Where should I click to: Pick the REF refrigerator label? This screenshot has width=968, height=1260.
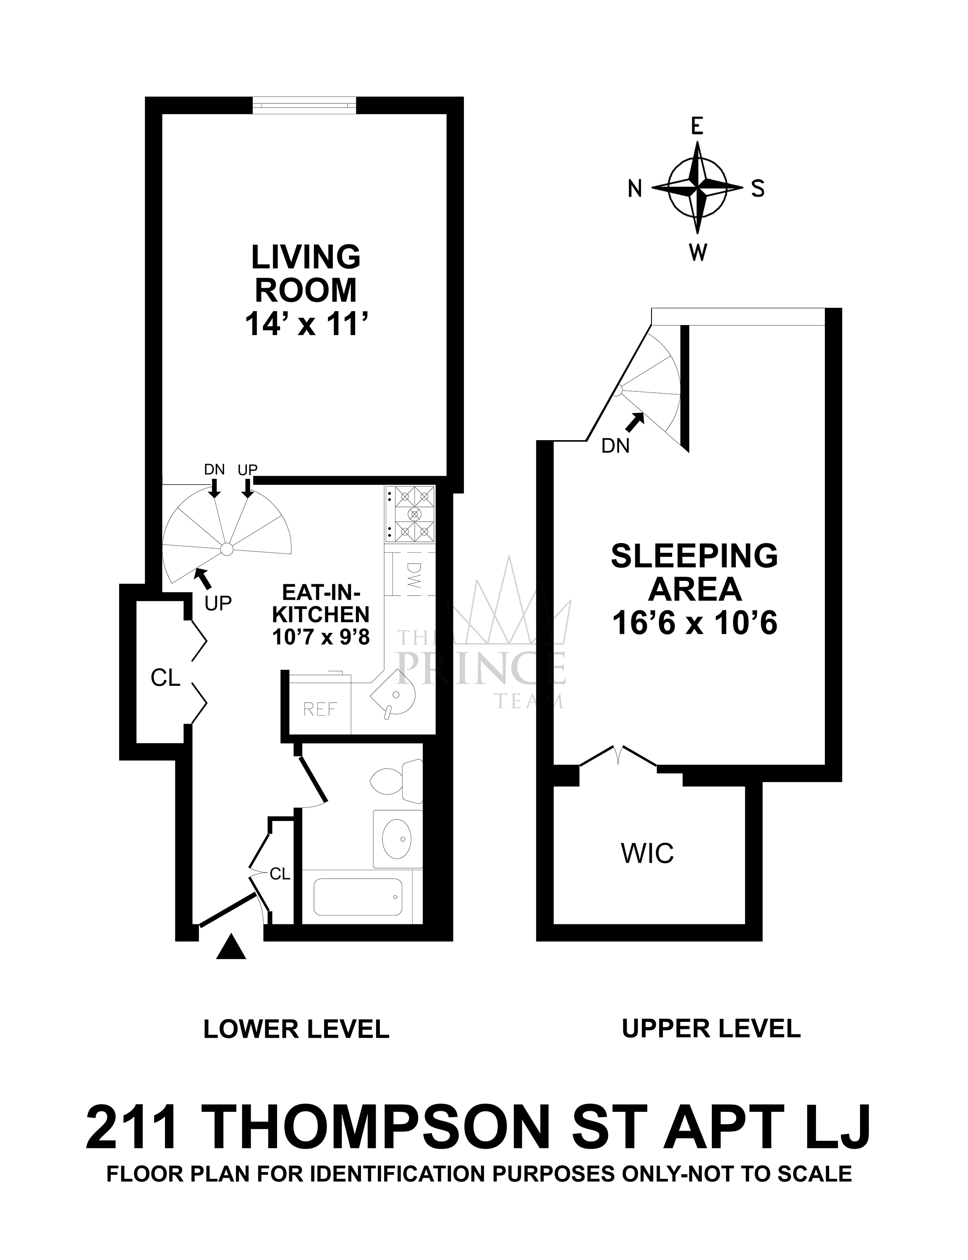coord(320,709)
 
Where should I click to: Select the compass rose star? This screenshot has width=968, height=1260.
coord(698,188)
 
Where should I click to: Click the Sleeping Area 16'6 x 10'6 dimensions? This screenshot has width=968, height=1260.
coord(694,623)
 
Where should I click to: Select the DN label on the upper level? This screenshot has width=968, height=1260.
coord(615,446)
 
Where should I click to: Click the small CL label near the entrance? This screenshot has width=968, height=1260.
coord(280,874)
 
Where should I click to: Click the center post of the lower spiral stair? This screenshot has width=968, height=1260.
coord(227,549)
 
